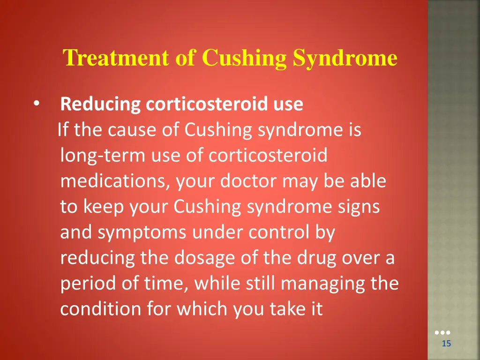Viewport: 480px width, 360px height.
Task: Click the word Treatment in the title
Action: point(116,59)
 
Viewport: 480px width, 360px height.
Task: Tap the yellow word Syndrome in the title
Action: point(345,59)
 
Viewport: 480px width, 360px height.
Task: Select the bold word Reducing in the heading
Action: point(100,104)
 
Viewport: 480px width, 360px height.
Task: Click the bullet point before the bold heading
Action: point(37,104)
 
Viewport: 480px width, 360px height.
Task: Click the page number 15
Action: point(446,344)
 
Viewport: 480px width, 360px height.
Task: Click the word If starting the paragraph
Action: point(63,130)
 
